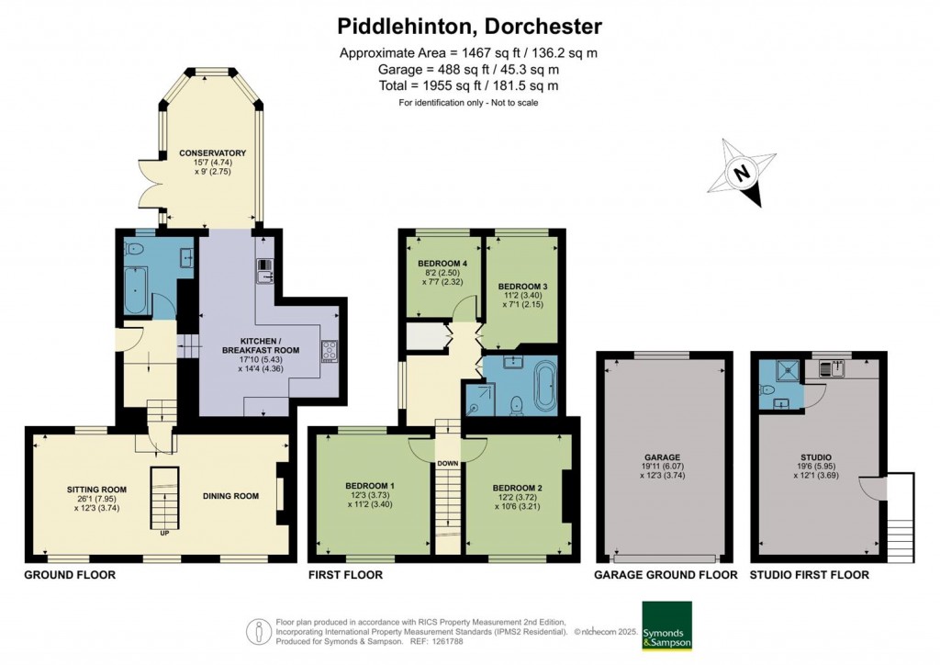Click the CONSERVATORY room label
(x=213, y=152)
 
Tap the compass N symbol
(x=742, y=174)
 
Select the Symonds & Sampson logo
(x=666, y=626)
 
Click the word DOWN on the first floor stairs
(x=447, y=464)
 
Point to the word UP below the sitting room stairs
(x=164, y=533)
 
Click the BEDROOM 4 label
(x=442, y=264)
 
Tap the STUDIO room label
(x=818, y=456)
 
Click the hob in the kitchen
(x=330, y=352)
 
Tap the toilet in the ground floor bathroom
(x=132, y=250)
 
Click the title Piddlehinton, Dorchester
(x=469, y=27)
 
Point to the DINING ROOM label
(x=230, y=496)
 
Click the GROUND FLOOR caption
(x=70, y=575)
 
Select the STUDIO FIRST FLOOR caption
(x=810, y=575)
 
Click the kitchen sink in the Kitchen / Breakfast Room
(x=264, y=277)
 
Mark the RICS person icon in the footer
(x=259, y=631)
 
